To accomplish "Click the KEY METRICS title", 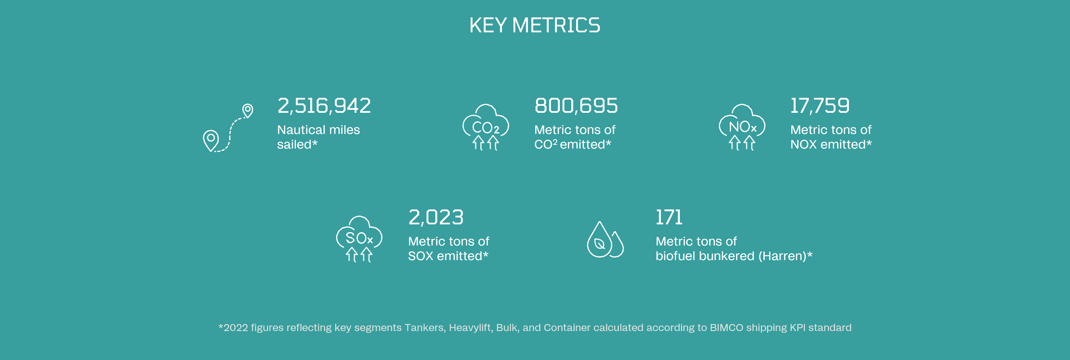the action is pos(535,25).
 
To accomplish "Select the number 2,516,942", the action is pos(324,106).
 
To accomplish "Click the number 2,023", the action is pos(436,217).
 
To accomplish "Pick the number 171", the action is pos(669,217).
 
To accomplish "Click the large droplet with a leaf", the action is pos(599,240).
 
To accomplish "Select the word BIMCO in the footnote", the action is pos(726,328).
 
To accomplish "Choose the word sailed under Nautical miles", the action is pos(294,144).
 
